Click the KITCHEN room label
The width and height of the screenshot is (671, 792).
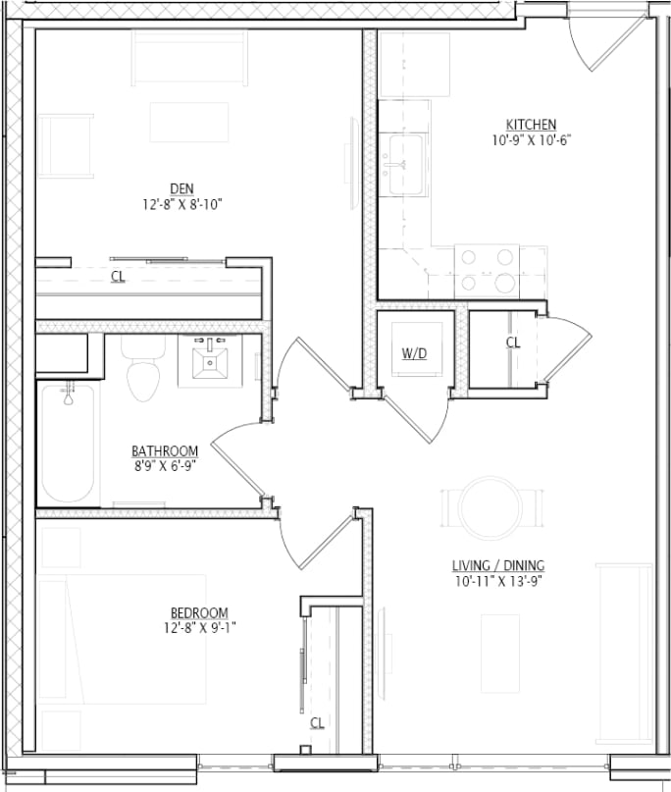pos(531,125)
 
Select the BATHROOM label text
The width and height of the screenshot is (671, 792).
pos(165,450)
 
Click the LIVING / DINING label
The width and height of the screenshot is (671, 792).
pos(497,565)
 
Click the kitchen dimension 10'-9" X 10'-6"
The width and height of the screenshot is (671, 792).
pos(531,140)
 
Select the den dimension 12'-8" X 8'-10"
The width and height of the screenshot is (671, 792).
pos(181,205)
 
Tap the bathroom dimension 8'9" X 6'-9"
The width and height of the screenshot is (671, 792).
pos(165,466)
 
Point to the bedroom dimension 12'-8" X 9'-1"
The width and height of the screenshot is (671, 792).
pos(200,628)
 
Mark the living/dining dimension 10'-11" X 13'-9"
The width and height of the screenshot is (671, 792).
pos(497,581)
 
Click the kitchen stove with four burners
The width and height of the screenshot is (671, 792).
pos(488,271)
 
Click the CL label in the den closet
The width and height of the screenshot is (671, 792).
pos(118,277)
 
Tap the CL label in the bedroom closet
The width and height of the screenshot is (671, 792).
pos(317,722)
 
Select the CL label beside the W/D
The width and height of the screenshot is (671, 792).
pos(512,342)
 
